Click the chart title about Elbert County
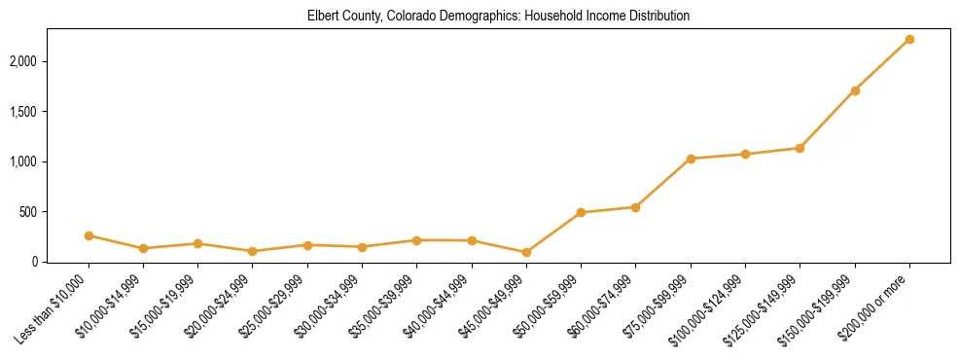(498, 16)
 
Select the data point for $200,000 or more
(909, 39)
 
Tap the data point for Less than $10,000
(89, 235)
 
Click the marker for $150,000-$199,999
(855, 90)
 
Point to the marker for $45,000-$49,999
(526, 252)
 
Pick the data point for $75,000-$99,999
(691, 159)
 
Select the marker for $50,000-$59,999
(581, 212)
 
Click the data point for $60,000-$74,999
(635, 207)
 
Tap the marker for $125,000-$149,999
(800, 148)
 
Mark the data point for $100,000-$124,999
(745, 154)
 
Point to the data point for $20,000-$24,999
(253, 251)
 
